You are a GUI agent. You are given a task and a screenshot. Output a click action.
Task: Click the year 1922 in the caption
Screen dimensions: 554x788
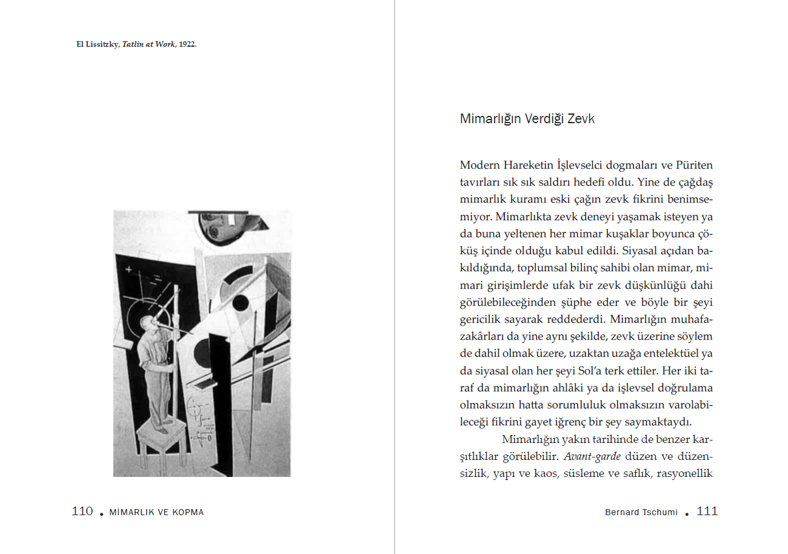coord(187,45)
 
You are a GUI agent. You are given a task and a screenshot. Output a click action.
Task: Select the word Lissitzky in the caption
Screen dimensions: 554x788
coord(101,45)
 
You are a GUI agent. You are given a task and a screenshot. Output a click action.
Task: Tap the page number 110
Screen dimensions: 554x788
coord(82,512)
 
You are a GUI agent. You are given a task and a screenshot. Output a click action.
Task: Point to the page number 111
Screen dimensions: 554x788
coord(707,512)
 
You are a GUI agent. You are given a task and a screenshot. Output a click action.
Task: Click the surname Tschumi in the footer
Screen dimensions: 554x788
coord(661,512)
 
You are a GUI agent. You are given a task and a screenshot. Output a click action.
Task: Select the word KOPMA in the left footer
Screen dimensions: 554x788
coord(190,512)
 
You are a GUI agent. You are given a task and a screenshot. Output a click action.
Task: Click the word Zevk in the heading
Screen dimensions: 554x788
coord(581,119)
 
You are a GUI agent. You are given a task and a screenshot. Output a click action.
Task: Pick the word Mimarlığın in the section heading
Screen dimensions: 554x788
coord(489,119)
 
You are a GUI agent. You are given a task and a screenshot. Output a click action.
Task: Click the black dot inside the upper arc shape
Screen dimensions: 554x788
coord(241,302)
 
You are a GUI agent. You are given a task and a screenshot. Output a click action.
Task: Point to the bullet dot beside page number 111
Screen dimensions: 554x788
coord(687,513)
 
